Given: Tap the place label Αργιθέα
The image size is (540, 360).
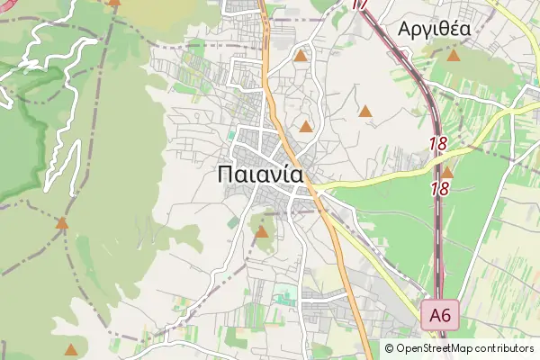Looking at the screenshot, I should (434, 29).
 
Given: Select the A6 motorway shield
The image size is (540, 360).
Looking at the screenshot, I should (440, 315).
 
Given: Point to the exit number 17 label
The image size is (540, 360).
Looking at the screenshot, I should (360, 4).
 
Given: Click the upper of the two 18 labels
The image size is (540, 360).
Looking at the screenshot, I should (438, 143).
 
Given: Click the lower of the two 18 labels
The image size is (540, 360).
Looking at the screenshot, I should (440, 189).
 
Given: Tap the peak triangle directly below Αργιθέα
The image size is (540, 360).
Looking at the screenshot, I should (454, 56).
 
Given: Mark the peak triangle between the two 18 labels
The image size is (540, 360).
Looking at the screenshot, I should (447, 172).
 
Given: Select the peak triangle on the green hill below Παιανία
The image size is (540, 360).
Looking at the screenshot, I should (262, 232).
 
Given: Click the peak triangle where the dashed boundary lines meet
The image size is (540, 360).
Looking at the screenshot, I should (61, 222).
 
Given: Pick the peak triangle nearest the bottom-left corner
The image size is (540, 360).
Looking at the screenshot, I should (70, 349).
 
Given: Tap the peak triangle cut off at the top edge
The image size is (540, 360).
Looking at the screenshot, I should (114, 3).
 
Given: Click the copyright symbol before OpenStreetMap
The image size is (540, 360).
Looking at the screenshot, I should (389, 348).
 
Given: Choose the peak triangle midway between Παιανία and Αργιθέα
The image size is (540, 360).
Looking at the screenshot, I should (365, 112).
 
